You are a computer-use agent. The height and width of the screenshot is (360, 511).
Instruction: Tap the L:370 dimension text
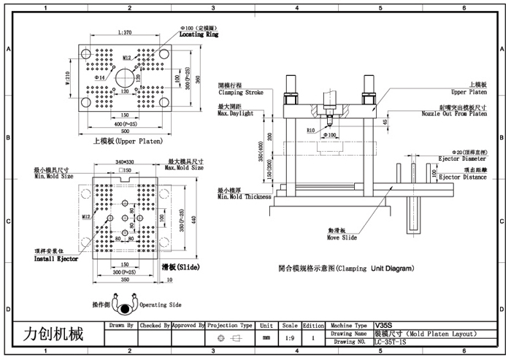tap(124, 33)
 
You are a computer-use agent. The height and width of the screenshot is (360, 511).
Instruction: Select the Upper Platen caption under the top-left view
tap(128, 141)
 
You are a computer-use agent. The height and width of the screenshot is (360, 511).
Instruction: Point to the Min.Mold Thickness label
tap(244, 196)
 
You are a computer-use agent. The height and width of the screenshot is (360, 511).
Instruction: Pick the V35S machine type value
tap(383, 326)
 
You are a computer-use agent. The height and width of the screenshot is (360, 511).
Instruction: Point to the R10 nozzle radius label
tap(311, 131)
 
